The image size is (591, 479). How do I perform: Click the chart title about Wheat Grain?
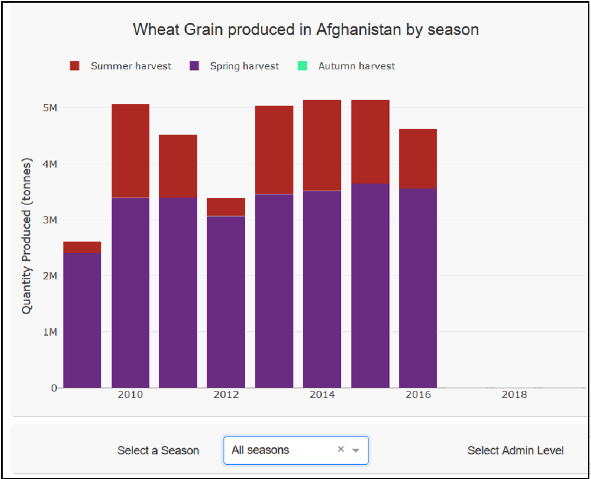click(x=306, y=30)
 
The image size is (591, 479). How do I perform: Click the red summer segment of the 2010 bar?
click(x=131, y=151)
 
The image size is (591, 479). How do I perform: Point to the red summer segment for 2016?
click(x=418, y=158)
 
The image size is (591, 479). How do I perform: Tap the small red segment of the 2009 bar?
click(x=82, y=247)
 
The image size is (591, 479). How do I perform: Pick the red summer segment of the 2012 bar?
click(x=226, y=207)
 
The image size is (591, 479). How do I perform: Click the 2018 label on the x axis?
click(x=514, y=395)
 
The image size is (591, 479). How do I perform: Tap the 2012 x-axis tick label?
click(x=226, y=395)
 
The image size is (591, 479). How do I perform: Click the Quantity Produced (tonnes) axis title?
click(x=27, y=237)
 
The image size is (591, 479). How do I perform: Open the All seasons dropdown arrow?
click(x=355, y=451)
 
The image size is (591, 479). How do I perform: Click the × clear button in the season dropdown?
click(x=341, y=449)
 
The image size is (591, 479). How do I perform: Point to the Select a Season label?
click(x=158, y=451)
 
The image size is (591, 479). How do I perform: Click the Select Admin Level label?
click(x=515, y=451)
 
